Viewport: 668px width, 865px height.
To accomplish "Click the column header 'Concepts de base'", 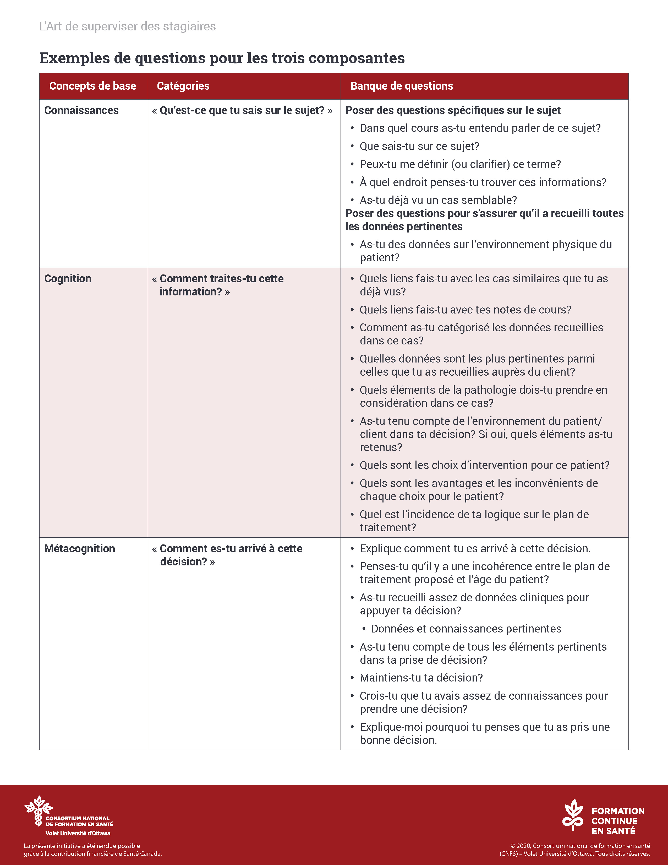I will (x=92, y=86).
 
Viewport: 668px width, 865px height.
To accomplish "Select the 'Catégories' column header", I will (x=183, y=86).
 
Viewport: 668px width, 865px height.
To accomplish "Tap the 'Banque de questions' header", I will (x=401, y=86).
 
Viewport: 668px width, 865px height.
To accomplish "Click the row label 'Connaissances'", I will (x=81, y=111).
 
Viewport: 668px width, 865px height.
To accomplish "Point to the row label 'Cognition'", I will (x=68, y=279).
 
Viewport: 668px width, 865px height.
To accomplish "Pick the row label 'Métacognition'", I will (x=80, y=549).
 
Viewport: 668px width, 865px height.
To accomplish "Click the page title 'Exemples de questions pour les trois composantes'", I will (x=222, y=58).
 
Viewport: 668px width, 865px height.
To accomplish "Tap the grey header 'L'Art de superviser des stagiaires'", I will (x=127, y=26).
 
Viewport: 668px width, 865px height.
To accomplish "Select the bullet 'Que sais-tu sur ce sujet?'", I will (x=419, y=147).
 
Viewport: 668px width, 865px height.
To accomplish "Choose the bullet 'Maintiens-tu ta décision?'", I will (x=421, y=678).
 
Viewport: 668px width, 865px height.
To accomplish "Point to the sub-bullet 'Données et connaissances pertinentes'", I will (x=466, y=629).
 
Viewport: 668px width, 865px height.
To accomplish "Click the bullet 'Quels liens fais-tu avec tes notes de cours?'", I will (x=465, y=310).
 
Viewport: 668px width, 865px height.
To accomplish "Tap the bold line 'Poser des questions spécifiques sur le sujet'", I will (x=453, y=111).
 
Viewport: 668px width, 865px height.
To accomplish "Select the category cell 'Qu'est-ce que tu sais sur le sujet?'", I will (x=242, y=111).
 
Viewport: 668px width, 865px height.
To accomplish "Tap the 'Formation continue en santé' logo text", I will (x=617, y=821).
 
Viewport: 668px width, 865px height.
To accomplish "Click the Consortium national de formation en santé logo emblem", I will (x=39, y=810).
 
